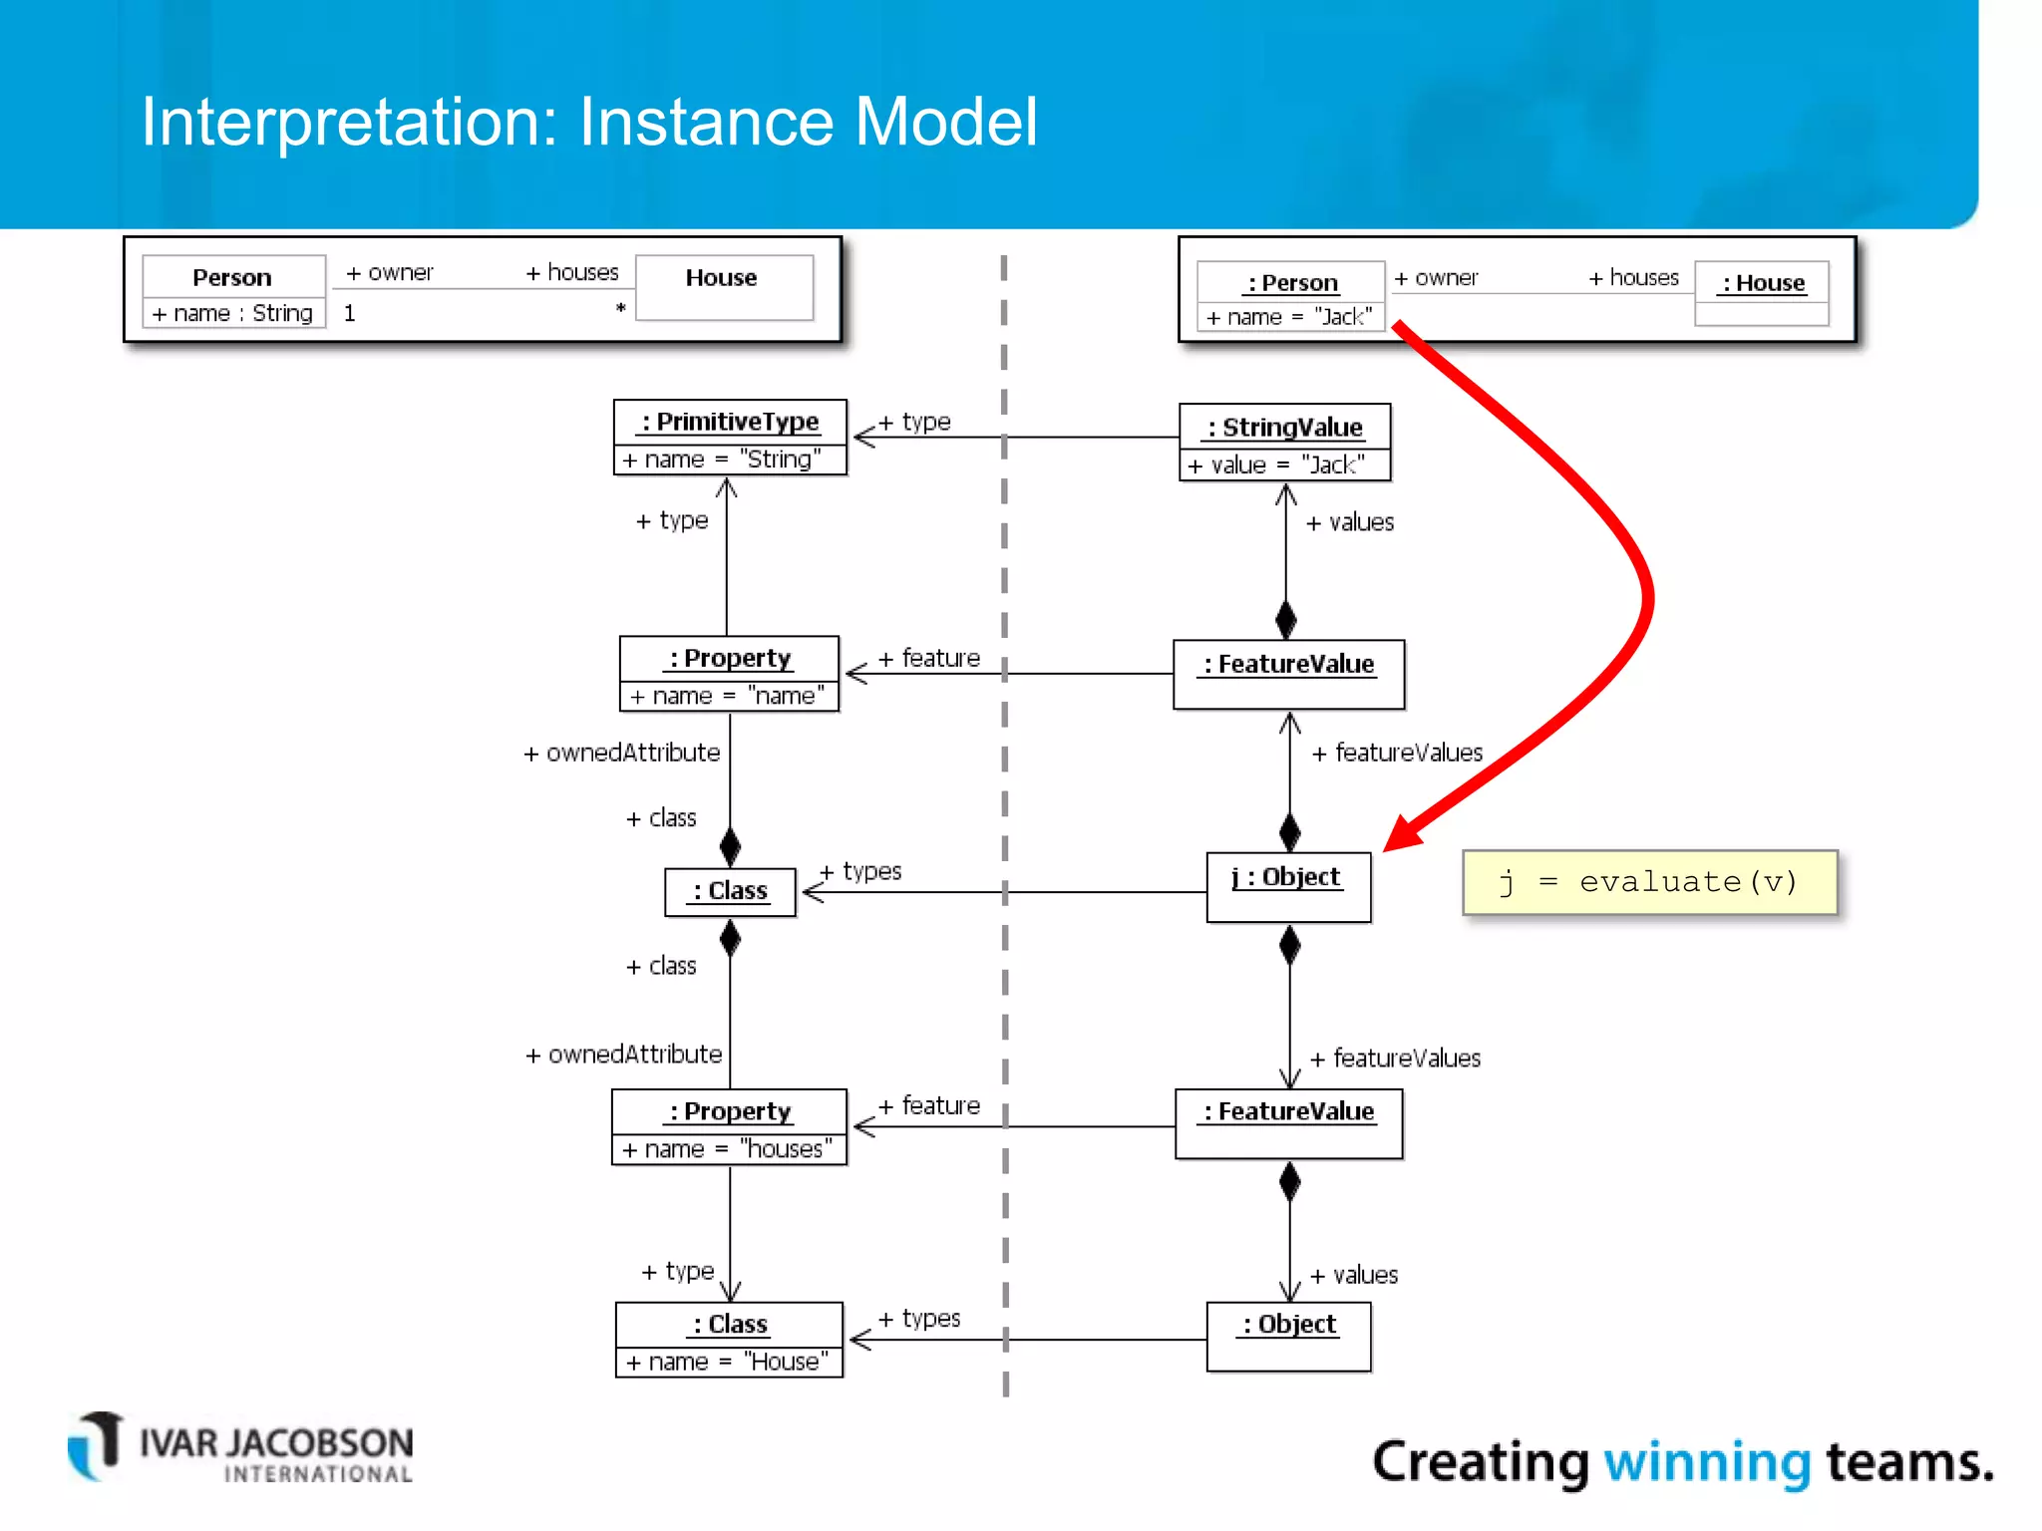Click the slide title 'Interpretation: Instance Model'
tap(589, 122)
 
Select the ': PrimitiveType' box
tap(730, 438)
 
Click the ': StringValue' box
tap(1284, 443)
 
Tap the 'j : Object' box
tap(1288, 886)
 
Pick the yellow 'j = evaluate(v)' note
tap(1649, 882)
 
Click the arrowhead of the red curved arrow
tap(1401, 835)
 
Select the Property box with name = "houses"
tap(729, 1127)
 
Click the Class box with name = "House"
tap(729, 1340)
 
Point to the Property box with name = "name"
tap(729, 674)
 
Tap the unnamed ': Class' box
tap(730, 891)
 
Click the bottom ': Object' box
tap(1288, 1337)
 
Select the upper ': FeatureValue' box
tap(1288, 674)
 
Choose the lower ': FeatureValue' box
tap(1288, 1123)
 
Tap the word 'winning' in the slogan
tap(1706, 1462)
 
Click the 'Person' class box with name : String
tap(233, 291)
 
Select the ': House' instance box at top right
tap(1762, 293)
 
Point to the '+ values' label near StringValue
tap(1351, 522)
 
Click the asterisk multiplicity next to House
tap(620, 309)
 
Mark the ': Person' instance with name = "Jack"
tap(1289, 296)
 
